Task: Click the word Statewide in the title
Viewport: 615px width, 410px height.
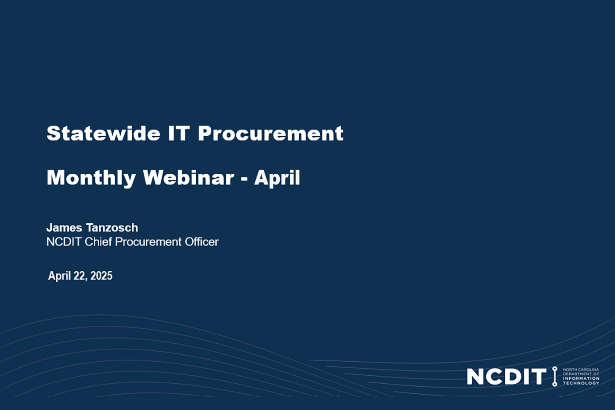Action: [x=103, y=133]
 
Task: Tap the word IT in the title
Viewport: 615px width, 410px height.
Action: [x=179, y=133]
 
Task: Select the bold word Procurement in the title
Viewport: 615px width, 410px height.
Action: [x=270, y=133]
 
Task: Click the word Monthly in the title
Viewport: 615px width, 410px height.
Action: [x=91, y=178]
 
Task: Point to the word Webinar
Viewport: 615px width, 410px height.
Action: [x=188, y=178]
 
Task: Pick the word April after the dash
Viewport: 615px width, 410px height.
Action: [x=277, y=178]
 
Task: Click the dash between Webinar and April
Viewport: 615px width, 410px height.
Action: [x=244, y=179]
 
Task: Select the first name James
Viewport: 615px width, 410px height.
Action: [x=64, y=227]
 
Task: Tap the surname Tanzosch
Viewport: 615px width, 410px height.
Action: [x=112, y=227]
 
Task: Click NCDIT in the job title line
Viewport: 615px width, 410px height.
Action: [x=64, y=242]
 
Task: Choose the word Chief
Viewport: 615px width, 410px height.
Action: [x=98, y=242]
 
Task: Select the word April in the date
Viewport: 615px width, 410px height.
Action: [x=59, y=276]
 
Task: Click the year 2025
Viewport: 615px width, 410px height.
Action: [x=101, y=276]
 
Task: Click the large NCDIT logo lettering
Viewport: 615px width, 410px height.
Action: [x=506, y=377]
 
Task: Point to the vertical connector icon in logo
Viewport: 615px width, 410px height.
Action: [x=554, y=376]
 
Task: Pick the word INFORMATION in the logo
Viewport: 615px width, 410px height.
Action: [x=581, y=378]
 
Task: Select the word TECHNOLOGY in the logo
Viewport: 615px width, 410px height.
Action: [x=581, y=383]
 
